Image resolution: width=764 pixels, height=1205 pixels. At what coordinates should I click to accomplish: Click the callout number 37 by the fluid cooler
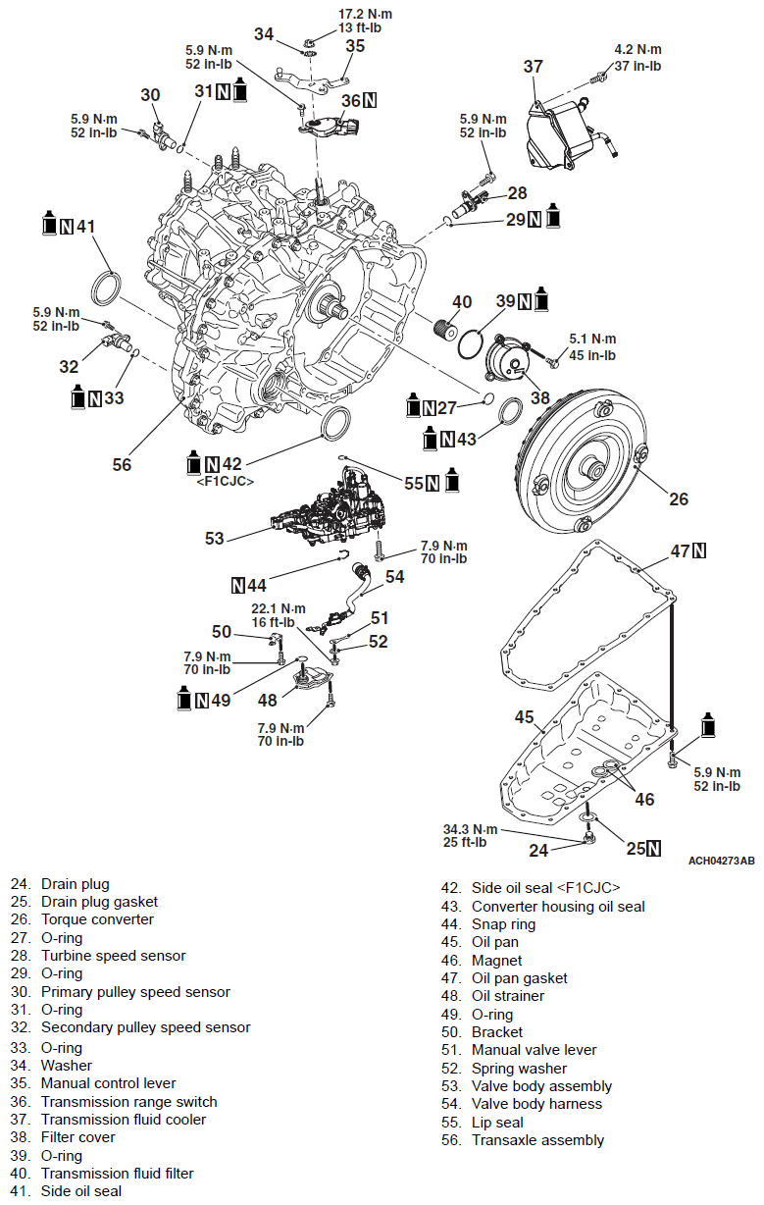click(533, 67)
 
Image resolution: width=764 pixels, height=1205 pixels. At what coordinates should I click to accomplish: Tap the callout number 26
click(679, 499)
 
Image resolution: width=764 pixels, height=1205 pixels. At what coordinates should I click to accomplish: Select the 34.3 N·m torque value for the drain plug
click(471, 830)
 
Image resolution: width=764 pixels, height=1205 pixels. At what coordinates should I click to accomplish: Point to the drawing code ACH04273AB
click(721, 861)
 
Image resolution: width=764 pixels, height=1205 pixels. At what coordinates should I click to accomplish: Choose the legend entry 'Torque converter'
click(97, 919)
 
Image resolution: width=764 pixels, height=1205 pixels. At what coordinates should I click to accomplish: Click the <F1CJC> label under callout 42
click(226, 482)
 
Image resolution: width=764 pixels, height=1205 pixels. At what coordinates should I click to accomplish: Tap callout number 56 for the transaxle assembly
click(122, 464)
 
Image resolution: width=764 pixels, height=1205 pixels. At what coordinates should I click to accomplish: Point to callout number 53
click(215, 538)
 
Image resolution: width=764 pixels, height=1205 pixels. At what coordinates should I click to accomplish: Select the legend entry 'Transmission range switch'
click(128, 1101)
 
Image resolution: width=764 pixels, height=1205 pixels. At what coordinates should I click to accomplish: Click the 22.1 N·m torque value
click(279, 608)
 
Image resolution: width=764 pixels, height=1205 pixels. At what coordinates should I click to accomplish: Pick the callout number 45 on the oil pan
click(525, 717)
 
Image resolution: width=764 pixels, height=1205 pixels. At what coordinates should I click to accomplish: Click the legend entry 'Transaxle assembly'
click(537, 1140)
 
